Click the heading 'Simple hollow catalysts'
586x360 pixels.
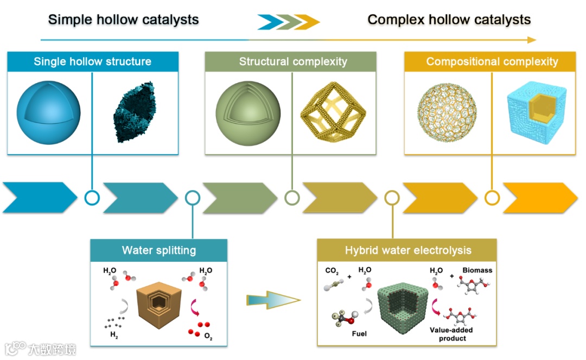123,20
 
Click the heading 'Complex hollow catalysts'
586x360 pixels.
449,20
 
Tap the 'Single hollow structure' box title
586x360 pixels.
92,61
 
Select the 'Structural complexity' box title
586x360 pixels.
293,61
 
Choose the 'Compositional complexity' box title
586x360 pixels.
492,61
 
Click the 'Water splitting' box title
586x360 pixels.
158,250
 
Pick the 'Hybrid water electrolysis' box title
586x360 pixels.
408,250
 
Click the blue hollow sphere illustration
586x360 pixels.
49,112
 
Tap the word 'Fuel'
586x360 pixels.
359,333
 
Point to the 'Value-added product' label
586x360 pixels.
451,334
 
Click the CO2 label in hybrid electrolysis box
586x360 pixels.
332,270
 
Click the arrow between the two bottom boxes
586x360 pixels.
272,299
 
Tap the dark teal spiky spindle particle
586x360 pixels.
134,112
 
